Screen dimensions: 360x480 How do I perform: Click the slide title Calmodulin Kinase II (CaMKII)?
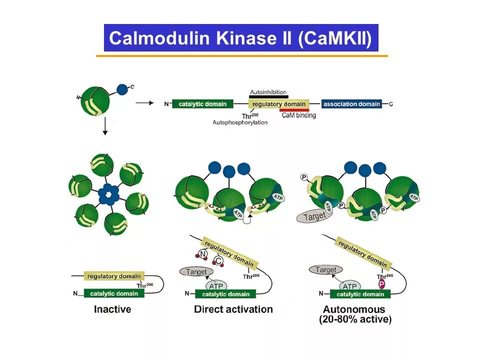240,38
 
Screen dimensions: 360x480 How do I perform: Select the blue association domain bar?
351,104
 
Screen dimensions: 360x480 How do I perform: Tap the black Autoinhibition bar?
268,96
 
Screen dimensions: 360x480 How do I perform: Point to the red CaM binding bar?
294,110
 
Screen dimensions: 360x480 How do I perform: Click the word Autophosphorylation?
239,122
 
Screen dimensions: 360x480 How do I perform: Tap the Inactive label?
112,309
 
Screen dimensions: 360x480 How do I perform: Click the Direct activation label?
233,309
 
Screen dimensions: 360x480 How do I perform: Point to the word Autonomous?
354,309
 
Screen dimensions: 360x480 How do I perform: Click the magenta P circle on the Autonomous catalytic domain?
381,284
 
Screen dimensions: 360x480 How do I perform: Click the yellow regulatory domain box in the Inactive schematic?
114,276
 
